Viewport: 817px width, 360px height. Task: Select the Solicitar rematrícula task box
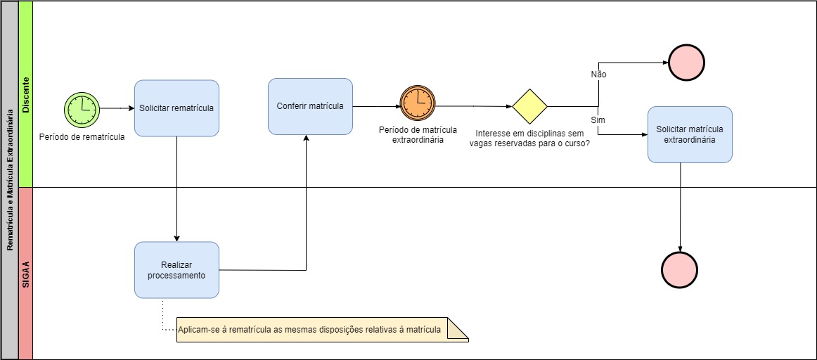pos(176,108)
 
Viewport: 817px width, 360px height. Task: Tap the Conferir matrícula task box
pos(310,106)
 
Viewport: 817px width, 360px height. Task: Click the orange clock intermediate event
pos(418,105)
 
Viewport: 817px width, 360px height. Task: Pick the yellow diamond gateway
pos(529,107)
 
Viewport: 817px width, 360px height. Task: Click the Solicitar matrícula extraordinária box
pos(690,134)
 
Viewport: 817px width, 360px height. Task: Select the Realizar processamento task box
pos(176,270)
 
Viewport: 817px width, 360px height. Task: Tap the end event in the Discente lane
pos(687,63)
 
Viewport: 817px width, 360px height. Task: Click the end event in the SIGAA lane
pos(680,269)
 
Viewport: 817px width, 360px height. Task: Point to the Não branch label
pos(598,74)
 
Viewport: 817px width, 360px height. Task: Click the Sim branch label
pos(598,120)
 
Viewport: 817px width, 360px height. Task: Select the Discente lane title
pos(25,94)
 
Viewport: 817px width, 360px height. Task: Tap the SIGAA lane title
pos(25,274)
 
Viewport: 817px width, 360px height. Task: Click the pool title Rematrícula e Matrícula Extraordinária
pos(9,180)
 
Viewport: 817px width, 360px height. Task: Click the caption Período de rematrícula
pos(82,137)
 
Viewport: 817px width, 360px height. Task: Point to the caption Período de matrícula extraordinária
pos(418,135)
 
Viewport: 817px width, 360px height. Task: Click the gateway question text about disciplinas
pos(529,137)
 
